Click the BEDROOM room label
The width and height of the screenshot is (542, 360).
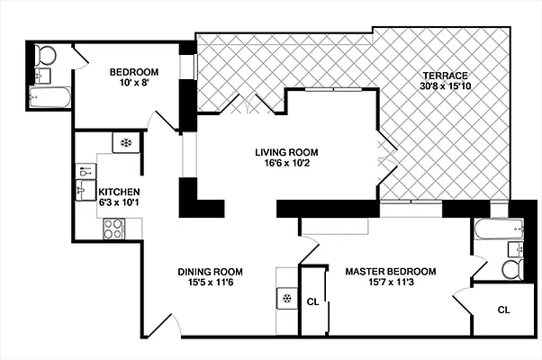(x=134, y=73)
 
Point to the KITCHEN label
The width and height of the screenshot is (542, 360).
(x=119, y=192)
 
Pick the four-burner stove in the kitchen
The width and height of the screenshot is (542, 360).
(x=114, y=230)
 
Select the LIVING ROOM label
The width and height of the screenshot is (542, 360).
(x=286, y=152)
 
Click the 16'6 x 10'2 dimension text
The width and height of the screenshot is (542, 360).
(x=286, y=165)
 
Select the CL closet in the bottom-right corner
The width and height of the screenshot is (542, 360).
(x=503, y=310)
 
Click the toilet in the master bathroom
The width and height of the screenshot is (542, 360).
(x=510, y=268)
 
